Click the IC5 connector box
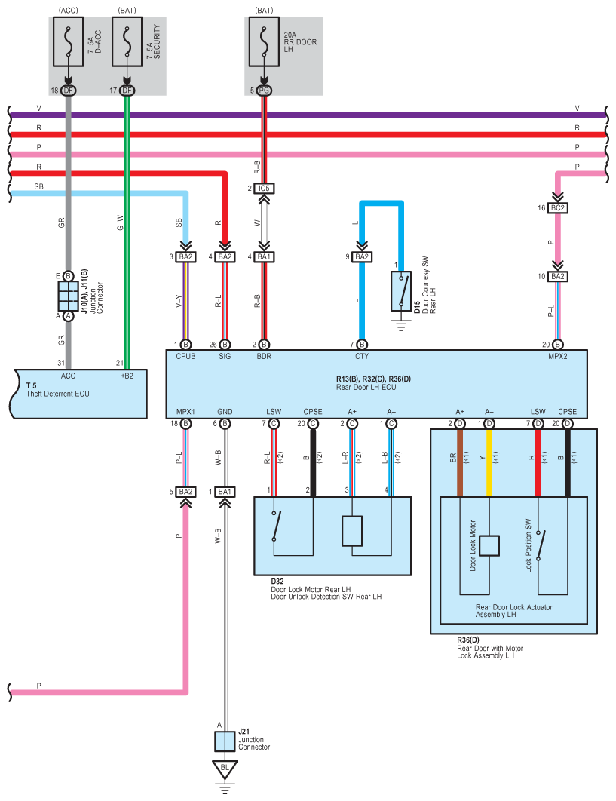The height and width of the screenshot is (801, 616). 263,187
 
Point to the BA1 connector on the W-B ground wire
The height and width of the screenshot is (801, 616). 224,492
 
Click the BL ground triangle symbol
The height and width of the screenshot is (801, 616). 224,770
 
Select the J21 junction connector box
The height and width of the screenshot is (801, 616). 225,741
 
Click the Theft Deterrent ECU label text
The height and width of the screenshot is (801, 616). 57,394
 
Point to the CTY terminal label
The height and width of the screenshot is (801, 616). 362,355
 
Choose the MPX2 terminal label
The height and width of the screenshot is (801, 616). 557,355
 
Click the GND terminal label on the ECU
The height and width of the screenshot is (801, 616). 224,412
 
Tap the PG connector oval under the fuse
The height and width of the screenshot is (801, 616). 263,91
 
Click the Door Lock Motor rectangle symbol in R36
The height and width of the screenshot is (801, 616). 490,545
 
